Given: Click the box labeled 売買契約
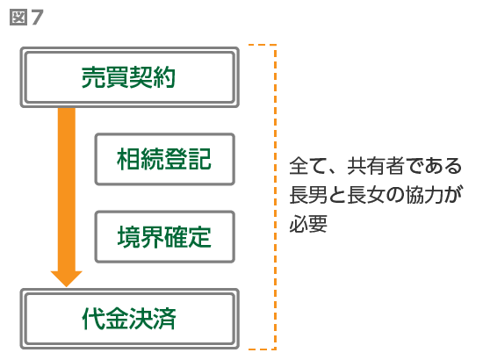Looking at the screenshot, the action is pos(129,77).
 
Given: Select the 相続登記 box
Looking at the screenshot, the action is pos(165,159).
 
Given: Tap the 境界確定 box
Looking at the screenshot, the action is pos(165,237).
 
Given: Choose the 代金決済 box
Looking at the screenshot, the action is pos(129,319).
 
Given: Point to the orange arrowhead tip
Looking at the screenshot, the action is pos(66,287).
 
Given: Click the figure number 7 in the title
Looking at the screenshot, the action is pos(37,18).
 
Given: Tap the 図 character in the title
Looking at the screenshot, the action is pos(18,18).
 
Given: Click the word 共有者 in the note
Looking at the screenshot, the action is pos(376,166).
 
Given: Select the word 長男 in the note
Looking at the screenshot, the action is pos(308,195).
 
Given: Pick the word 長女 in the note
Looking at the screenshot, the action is pos(366,195).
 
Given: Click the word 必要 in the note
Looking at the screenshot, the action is pos(308,223).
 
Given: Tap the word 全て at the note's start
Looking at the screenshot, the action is pos(308,166).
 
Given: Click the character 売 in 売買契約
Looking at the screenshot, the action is pos(93,77).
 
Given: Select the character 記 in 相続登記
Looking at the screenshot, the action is pos(200,159).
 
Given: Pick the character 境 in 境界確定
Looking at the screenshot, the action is pos(129,237).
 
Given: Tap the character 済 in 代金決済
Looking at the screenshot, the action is pos(165,319).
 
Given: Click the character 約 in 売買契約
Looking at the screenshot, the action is pos(164,77).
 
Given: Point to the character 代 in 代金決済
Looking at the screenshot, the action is pos(93,319).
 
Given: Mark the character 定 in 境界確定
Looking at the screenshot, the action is pos(200,237).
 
